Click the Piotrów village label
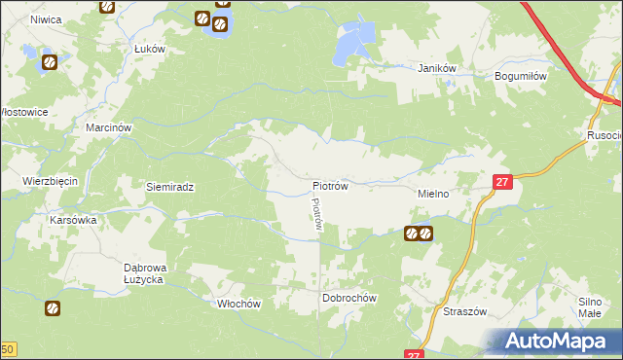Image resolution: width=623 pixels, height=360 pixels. click(330, 184)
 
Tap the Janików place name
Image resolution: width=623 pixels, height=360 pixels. click(437, 68)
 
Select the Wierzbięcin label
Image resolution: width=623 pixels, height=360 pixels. click(50, 181)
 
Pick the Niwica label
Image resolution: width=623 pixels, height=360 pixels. click(46, 18)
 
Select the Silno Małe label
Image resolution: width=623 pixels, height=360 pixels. click(596, 308)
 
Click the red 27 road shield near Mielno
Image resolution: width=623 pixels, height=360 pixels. click(500, 181)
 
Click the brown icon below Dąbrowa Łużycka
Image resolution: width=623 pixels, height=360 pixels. click(52, 308)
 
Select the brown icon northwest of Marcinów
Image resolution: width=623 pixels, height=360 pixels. click(49, 63)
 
